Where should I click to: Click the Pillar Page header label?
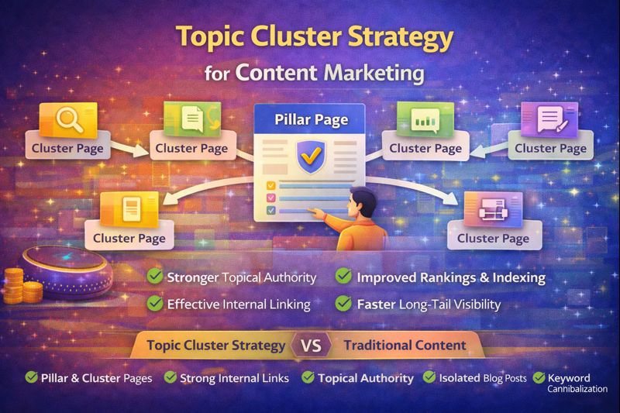coord(310,121)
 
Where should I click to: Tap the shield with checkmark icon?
coord(310,154)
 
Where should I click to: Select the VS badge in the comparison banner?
coord(310,345)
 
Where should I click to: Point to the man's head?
coord(362,202)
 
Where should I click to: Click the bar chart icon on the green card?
coord(423,120)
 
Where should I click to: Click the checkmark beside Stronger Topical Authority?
coord(155,277)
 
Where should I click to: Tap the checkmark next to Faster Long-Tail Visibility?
coord(344,305)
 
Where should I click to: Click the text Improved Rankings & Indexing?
coord(451,277)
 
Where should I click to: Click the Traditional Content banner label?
coord(405,345)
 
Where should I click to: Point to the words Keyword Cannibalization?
coord(575,382)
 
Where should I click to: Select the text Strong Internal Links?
coord(234,378)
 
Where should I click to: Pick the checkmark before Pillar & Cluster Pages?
coord(32,377)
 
